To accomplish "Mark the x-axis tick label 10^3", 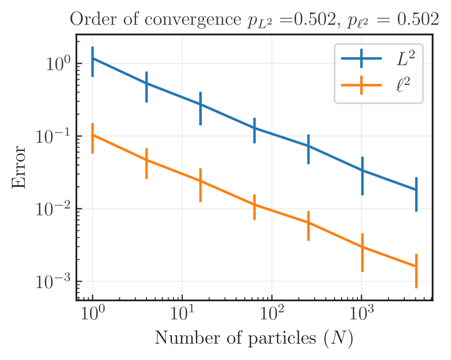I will [x=362, y=313].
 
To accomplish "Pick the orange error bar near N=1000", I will [x=362, y=247].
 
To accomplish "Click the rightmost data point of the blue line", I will [x=416, y=190].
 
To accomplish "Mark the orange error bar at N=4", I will [x=147, y=160].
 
